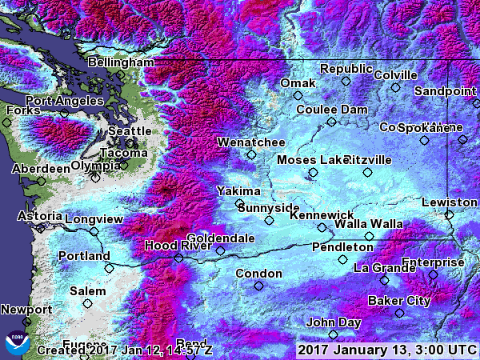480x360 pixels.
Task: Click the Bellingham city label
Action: (x=121, y=62)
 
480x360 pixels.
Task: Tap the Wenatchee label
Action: (x=250, y=142)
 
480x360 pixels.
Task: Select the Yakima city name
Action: (x=238, y=191)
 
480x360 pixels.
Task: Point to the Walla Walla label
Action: (x=368, y=223)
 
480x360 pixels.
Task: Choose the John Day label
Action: (x=332, y=322)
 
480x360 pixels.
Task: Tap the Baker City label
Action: (x=399, y=301)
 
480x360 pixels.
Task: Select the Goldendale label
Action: (x=221, y=238)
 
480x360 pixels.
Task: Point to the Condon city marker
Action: (x=258, y=286)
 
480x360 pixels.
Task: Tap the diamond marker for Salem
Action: (x=87, y=304)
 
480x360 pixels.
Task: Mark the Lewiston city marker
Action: (x=449, y=214)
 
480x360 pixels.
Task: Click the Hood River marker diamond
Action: (x=178, y=258)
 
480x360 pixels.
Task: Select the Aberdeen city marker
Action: (x=42, y=182)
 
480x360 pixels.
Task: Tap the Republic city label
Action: (x=346, y=69)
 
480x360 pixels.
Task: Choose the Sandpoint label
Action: (x=446, y=91)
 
